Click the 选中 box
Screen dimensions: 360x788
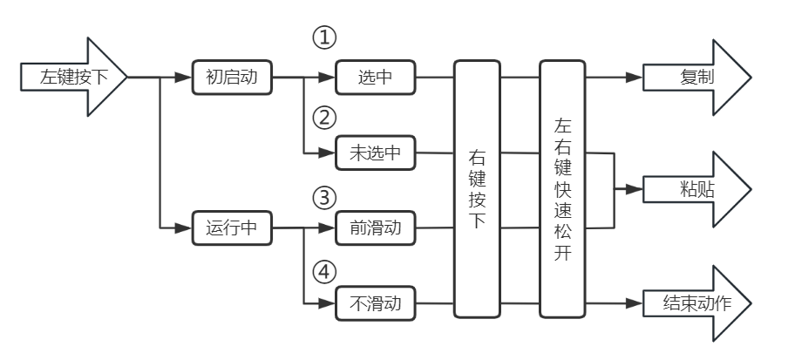(x=376, y=78)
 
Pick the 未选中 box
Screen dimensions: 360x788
(x=376, y=153)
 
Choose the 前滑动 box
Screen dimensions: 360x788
(x=376, y=229)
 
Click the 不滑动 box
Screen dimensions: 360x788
(x=376, y=304)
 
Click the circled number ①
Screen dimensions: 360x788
(x=324, y=38)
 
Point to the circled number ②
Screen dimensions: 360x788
(x=324, y=117)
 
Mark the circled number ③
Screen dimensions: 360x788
(x=324, y=197)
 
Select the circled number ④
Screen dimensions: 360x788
(x=324, y=273)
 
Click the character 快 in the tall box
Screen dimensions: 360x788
(x=563, y=190)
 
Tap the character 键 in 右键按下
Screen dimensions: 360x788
(x=477, y=180)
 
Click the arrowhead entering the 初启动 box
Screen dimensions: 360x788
(x=183, y=77)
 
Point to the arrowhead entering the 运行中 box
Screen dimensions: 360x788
(x=183, y=229)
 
